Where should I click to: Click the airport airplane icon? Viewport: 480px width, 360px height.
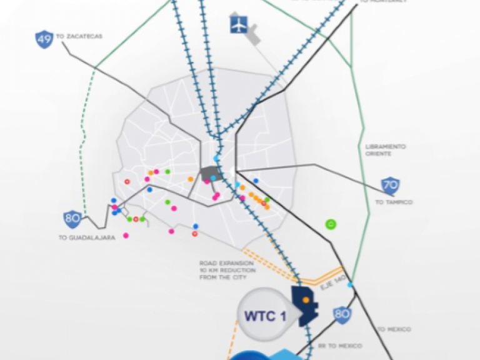[239, 24]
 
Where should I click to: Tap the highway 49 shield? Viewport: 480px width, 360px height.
[43, 39]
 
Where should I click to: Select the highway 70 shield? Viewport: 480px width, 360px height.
[390, 186]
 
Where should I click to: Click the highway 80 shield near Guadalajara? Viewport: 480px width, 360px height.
[72, 219]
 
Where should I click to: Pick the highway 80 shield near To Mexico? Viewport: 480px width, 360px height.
[342, 314]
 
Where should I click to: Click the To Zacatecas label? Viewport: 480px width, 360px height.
[79, 37]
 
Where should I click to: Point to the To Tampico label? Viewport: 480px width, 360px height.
[394, 202]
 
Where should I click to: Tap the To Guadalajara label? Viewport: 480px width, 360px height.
[87, 237]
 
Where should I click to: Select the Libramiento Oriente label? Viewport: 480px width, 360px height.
[386, 150]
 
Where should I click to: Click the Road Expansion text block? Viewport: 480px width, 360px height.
[226, 270]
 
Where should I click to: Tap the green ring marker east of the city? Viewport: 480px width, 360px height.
[331, 223]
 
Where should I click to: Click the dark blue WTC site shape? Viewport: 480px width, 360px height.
[307, 306]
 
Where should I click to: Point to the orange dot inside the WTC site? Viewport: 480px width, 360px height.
[305, 300]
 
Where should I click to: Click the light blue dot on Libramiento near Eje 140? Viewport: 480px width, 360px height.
[350, 285]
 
